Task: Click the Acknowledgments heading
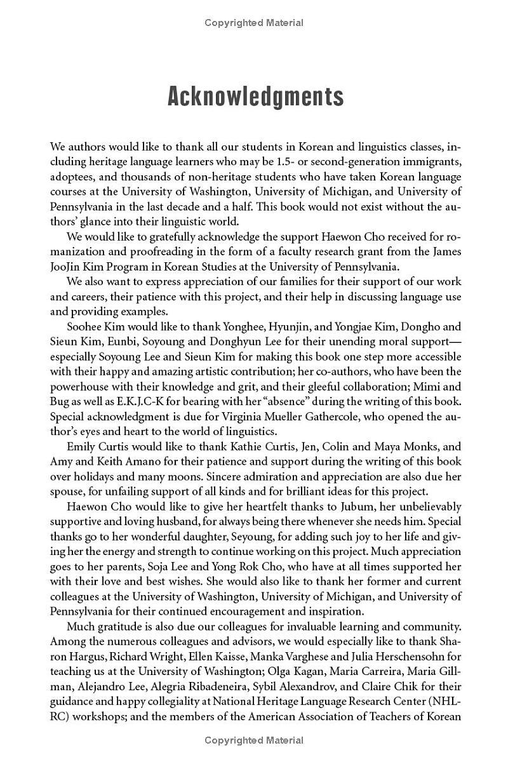255,97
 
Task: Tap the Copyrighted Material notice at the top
254,23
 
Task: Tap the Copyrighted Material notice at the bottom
254,740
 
